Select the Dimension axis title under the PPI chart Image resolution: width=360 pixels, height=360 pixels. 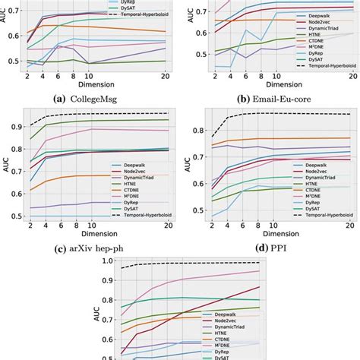[x=269, y=235]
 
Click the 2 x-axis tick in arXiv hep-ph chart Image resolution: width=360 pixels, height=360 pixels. [x=30, y=226]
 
